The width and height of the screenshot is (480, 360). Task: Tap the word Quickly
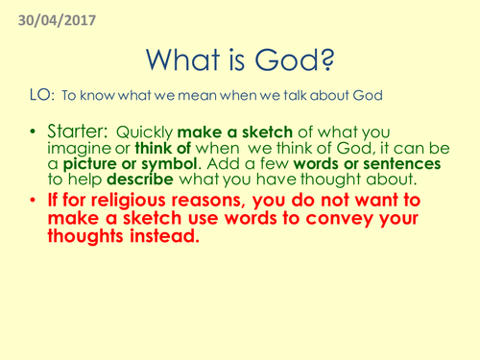[x=149, y=132]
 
